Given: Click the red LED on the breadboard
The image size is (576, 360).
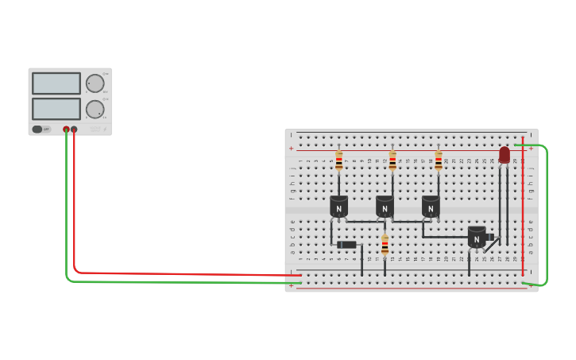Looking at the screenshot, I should (x=504, y=154).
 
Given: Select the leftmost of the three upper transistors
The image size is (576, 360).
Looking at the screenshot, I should (x=339, y=207).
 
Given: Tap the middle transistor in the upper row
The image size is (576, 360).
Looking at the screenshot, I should (x=385, y=207).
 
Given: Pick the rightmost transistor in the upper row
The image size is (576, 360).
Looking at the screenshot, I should (x=431, y=207).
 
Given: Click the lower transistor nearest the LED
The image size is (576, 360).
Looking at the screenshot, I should (x=477, y=237).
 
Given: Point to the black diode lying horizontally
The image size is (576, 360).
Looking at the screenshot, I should (x=347, y=245).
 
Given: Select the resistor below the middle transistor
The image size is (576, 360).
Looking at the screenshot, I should (x=385, y=245).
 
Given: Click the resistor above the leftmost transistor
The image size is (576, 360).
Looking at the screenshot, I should (x=339, y=161).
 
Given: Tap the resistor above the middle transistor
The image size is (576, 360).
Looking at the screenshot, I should (x=392, y=161).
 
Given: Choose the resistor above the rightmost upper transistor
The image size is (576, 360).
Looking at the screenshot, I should (x=439, y=161).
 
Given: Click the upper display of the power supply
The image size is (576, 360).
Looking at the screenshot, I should (x=56, y=83).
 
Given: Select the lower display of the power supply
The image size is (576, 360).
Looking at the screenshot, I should (x=56, y=109).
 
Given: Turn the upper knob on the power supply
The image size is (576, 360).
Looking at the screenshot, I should (x=95, y=83).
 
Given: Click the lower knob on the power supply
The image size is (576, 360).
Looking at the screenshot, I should (x=95, y=109).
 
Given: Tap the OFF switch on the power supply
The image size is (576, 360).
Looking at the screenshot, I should (x=38, y=129).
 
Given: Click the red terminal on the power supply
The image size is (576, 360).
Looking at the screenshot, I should (x=74, y=129).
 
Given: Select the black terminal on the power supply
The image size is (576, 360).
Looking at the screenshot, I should (x=66, y=129).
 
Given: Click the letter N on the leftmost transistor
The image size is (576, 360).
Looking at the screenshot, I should (x=339, y=210).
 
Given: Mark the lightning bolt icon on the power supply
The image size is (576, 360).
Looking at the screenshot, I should (x=104, y=129).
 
